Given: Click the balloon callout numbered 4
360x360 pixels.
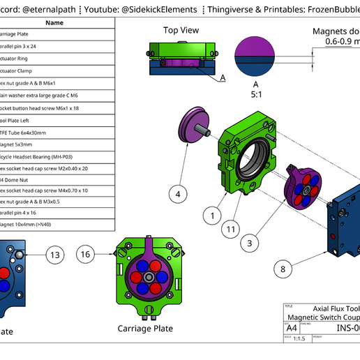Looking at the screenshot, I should click(x=178, y=195).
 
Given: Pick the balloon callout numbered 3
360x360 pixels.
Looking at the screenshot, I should click(x=249, y=243).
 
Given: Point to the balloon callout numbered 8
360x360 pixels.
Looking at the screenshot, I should click(x=283, y=268).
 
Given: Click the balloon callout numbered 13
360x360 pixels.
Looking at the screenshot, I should click(x=56, y=255).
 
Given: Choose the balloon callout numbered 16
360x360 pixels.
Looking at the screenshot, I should click(x=87, y=255).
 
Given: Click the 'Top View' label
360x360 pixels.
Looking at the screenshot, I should click(x=181, y=30).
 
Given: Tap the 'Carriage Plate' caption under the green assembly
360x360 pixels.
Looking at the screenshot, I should click(x=145, y=328).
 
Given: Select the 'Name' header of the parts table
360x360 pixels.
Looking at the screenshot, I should click(x=54, y=22).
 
